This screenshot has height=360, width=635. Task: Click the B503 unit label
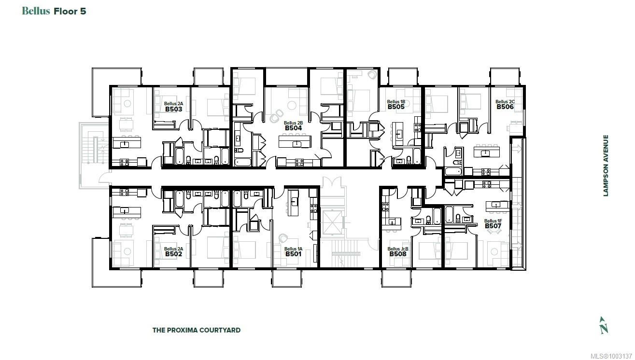173,110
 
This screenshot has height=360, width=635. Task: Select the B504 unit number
293,128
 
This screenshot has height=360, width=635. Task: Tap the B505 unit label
395,107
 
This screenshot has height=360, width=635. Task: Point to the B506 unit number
505,107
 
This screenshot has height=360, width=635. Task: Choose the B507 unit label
493,226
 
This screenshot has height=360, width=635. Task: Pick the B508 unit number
398,254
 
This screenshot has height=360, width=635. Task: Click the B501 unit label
293,254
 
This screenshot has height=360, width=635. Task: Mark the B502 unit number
173,254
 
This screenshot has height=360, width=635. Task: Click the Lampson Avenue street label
606,166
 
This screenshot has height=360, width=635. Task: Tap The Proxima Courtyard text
196,330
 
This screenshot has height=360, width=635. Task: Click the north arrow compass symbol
603,325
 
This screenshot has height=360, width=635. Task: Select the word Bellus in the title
36,11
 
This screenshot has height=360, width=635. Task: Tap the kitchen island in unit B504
295,142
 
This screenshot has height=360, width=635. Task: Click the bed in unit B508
429,251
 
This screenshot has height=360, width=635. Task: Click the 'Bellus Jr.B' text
398,249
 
